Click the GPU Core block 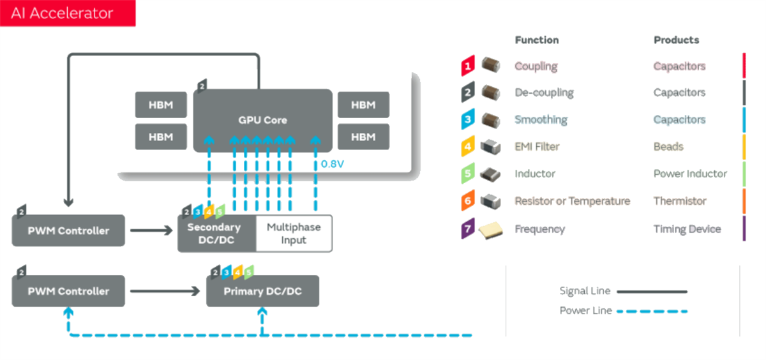pyautogui.click(x=262, y=120)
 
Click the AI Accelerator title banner pyautogui.click(x=67, y=13)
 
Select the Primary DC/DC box pyautogui.click(x=262, y=292)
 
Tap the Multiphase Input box pyautogui.click(x=294, y=234)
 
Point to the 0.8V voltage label pyautogui.click(x=332, y=164)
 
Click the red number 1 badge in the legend pyautogui.click(x=467, y=66)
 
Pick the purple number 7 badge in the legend pyautogui.click(x=467, y=229)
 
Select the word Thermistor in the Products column pyautogui.click(x=680, y=201)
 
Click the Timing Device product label pyautogui.click(x=687, y=229)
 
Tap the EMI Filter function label pyautogui.click(x=537, y=147)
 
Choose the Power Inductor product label pyautogui.click(x=690, y=174)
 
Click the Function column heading pyautogui.click(x=537, y=40)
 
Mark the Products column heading pyautogui.click(x=676, y=40)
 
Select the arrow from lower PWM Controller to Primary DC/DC pyautogui.click(x=165, y=292)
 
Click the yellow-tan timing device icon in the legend pyautogui.click(x=491, y=229)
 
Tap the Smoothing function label pyautogui.click(x=541, y=119)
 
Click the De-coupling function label pyautogui.click(x=544, y=93)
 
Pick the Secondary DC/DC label pyautogui.click(x=214, y=234)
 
